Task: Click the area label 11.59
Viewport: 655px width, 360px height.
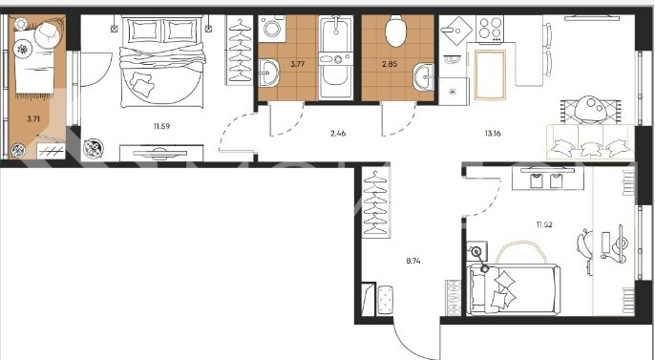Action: click(161, 126)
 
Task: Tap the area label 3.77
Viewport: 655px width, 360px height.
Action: click(297, 64)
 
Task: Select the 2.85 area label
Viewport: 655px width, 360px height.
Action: click(390, 64)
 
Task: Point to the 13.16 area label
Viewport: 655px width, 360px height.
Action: click(493, 134)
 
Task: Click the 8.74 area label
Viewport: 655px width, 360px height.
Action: click(413, 261)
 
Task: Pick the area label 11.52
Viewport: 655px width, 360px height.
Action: click(544, 224)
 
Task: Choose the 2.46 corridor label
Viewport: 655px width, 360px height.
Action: click(338, 134)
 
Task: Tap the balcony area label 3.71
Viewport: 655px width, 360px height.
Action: click(33, 118)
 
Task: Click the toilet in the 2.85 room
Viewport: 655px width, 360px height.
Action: click(395, 31)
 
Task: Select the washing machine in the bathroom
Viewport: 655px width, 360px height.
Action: click(272, 29)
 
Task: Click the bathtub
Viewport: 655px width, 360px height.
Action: click(336, 57)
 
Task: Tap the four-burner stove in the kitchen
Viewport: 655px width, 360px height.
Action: click(490, 29)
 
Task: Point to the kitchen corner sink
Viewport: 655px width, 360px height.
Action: click(455, 30)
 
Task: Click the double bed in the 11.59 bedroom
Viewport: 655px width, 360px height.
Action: click(162, 62)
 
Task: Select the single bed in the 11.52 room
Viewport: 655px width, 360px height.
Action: click(514, 289)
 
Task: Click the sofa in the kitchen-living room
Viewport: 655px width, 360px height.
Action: click(591, 142)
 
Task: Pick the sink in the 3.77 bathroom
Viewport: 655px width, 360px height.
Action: click(268, 74)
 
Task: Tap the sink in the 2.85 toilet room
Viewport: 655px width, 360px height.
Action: click(424, 77)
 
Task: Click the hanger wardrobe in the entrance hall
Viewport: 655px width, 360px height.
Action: click(375, 202)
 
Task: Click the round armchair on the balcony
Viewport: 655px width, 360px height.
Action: click(48, 35)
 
